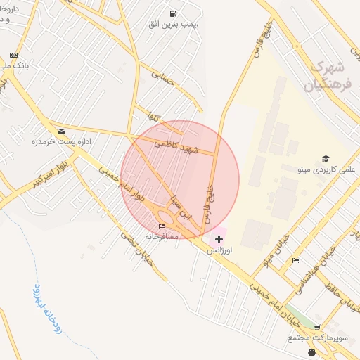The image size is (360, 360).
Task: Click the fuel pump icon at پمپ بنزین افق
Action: click(x=173, y=13)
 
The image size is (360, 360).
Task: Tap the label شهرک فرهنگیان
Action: click(x=329, y=77)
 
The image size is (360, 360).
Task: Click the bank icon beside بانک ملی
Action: click(x=13, y=55)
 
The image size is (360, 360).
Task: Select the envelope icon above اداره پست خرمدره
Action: click(x=61, y=131)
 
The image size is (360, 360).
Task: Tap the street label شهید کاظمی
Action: click(x=177, y=146)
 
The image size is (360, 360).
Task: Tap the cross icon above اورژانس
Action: click(x=219, y=240)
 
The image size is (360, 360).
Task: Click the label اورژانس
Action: click(x=220, y=250)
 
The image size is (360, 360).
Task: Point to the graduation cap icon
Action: click(x=326, y=158)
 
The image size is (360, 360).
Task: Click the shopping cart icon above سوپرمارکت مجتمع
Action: click(x=317, y=328)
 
